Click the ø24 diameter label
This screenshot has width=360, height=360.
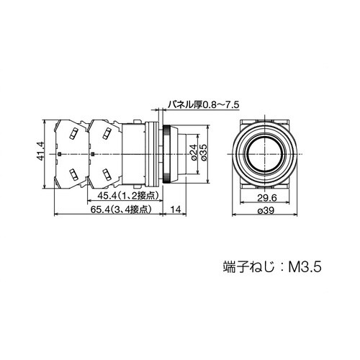pyautogui.click(x=192, y=152)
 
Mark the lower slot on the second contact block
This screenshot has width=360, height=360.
pyautogui.click(x=106, y=174)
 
